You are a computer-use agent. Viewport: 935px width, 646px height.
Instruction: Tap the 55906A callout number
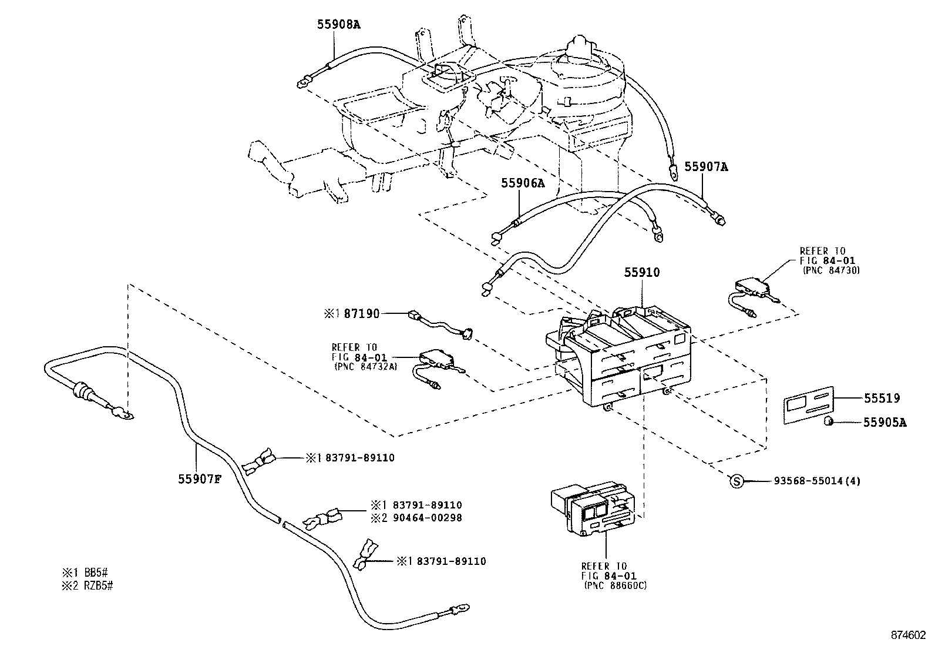click(523, 183)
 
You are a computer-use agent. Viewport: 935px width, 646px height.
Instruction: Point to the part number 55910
click(642, 273)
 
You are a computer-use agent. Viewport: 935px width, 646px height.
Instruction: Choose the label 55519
click(882, 399)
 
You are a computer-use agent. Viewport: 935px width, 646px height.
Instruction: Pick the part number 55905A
click(884, 422)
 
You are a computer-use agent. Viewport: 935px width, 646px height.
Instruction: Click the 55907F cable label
click(200, 479)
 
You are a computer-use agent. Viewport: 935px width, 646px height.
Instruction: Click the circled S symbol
click(736, 481)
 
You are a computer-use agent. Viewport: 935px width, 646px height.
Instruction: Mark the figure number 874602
click(908, 635)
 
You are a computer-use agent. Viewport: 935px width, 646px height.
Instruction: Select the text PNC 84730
click(830, 270)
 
